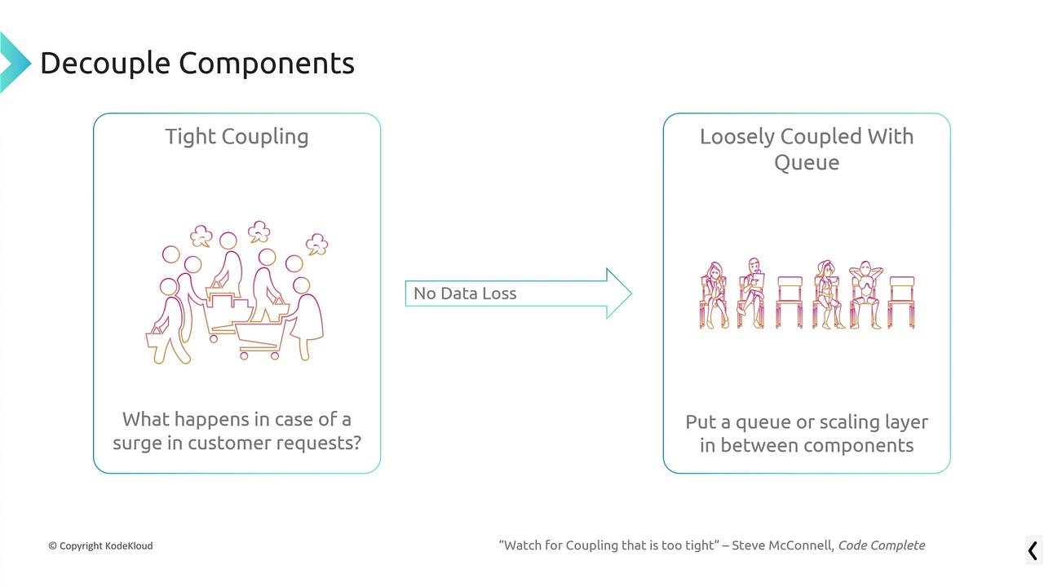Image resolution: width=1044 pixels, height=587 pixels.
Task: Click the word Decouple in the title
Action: (x=105, y=64)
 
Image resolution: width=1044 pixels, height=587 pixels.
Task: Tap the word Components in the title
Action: (x=267, y=64)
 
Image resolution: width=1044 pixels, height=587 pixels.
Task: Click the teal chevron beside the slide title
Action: (x=15, y=62)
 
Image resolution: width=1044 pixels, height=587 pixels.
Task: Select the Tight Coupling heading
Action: (x=237, y=137)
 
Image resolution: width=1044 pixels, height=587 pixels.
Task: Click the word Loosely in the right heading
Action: (x=737, y=137)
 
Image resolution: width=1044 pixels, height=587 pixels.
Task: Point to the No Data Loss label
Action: (x=465, y=293)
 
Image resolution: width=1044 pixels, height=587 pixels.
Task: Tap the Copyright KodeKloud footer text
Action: (x=100, y=545)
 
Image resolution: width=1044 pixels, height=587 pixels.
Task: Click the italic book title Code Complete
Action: (x=882, y=545)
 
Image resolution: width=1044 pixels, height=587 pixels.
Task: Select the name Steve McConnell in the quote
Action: (x=783, y=545)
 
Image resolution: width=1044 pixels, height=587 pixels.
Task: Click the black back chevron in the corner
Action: (x=1033, y=550)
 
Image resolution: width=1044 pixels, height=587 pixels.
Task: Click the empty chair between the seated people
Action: (x=790, y=302)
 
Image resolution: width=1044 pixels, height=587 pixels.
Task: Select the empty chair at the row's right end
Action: (x=901, y=302)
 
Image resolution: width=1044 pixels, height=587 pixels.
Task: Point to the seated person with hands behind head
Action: (x=865, y=294)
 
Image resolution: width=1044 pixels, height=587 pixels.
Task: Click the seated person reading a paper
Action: (x=751, y=293)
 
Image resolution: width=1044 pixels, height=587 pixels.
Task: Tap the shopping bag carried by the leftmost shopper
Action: (x=156, y=338)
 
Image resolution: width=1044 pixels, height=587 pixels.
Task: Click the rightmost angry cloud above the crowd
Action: (x=317, y=244)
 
